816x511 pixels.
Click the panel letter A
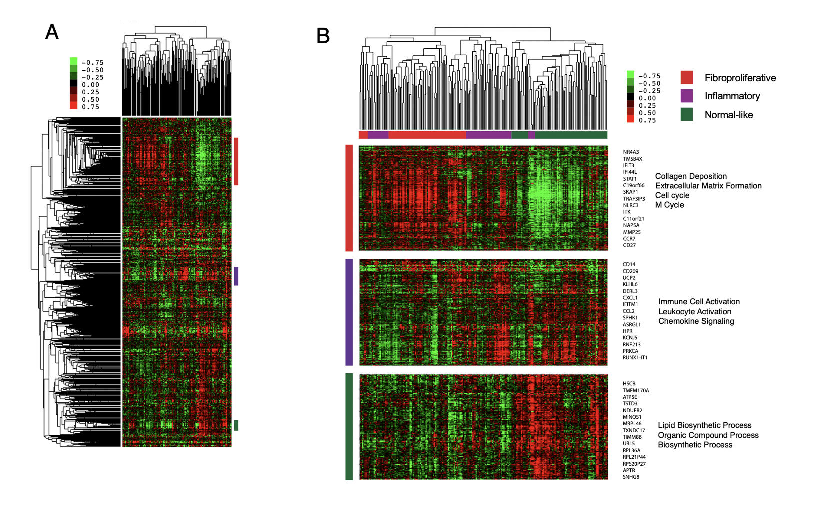[x=52, y=32]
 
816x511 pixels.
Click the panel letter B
[x=323, y=36]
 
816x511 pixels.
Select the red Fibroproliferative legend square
[x=687, y=77]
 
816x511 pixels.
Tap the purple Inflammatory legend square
[x=687, y=96]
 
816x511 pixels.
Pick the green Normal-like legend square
[x=687, y=114]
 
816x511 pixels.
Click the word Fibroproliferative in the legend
[x=740, y=78]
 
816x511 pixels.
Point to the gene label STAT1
[x=630, y=179]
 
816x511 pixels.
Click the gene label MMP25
[x=632, y=232]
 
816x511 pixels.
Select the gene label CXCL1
[x=630, y=298]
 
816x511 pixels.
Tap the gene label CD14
[x=629, y=264]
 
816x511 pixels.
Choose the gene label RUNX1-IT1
[x=635, y=358]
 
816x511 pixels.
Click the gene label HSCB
[x=629, y=384]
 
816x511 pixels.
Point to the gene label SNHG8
[x=631, y=477]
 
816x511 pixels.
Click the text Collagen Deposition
[x=691, y=176]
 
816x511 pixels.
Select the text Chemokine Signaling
[x=696, y=321]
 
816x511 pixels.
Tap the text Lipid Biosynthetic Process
[x=704, y=425]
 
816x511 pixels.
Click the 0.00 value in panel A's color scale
[x=90, y=85]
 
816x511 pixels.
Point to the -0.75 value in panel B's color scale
[x=649, y=76]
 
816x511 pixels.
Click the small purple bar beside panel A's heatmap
[x=236, y=276]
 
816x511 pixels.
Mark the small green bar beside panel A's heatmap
[x=236, y=425]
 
